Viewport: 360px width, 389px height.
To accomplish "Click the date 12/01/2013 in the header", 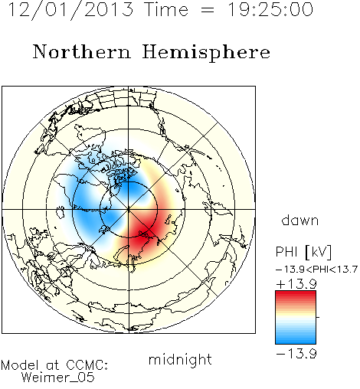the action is (x=70, y=9).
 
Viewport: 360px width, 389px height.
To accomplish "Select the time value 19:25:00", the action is (x=270, y=9).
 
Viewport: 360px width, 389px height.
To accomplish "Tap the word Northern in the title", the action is (x=82, y=52).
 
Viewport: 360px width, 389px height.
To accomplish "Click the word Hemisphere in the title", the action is (x=206, y=52).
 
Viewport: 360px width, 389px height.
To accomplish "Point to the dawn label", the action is (x=300, y=220).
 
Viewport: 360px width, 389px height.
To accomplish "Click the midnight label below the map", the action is (x=180, y=360).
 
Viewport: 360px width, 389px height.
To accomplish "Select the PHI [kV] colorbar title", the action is (x=303, y=252).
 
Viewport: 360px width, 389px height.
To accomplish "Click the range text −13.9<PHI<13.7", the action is (x=316, y=270).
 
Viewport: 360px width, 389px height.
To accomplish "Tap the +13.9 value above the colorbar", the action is (x=296, y=284).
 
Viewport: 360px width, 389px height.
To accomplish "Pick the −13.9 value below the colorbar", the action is (x=296, y=354).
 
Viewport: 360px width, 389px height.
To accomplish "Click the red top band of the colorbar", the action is (x=296, y=295).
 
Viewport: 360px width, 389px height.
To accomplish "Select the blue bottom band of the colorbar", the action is (x=296, y=340).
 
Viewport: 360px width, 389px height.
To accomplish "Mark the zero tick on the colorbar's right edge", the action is (x=318, y=317).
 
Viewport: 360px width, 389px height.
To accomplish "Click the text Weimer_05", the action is (x=58, y=377).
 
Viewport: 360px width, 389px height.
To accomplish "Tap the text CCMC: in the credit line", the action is (x=87, y=365).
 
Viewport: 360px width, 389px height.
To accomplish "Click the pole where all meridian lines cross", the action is (x=129, y=209).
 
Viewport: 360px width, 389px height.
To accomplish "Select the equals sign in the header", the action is (x=208, y=11).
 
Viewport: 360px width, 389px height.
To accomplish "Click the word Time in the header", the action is (x=166, y=9).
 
